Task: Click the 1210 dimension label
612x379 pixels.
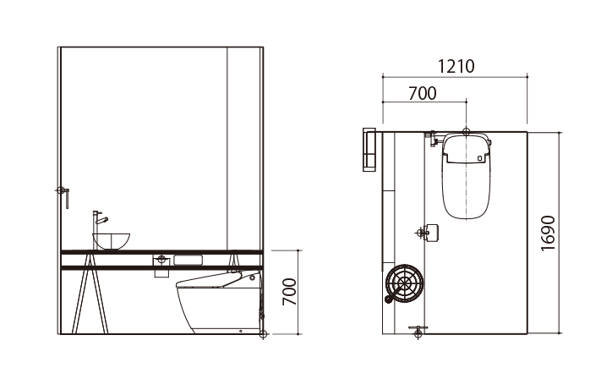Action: pyautogui.click(x=456, y=66)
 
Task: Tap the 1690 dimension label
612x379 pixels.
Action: pyautogui.click(x=548, y=233)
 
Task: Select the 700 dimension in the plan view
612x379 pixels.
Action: pyautogui.click(x=423, y=93)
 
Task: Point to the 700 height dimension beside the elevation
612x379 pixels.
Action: pyautogui.click(x=290, y=292)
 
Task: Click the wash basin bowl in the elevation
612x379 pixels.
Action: pyautogui.click(x=112, y=241)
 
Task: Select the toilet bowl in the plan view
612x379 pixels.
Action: pyautogui.click(x=466, y=175)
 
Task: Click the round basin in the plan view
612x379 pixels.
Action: pyautogui.click(x=404, y=283)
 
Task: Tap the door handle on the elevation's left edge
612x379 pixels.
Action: pyautogui.click(x=63, y=196)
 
